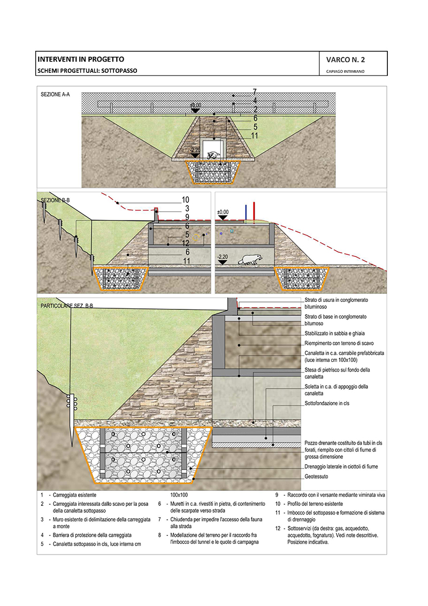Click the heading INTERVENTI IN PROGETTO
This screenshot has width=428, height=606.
pyautogui.click(x=80, y=59)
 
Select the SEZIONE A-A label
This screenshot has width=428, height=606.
pyautogui.click(x=55, y=94)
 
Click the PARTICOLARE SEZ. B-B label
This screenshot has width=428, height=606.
pyautogui.click(x=67, y=306)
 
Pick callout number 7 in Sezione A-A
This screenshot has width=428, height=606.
pyautogui.click(x=255, y=92)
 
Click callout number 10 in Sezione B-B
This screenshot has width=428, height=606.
pyautogui.click(x=186, y=200)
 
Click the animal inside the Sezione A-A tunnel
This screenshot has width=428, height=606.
pyautogui.click(x=214, y=155)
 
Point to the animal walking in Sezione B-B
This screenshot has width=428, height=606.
pyautogui.click(x=250, y=259)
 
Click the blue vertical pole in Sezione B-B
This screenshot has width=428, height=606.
pyautogui.click(x=246, y=213)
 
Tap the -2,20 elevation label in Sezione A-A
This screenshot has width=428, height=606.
pyautogui.click(x=195, y=150)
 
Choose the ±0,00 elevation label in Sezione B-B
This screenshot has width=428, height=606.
pyautogui.click(x=223, y=213)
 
